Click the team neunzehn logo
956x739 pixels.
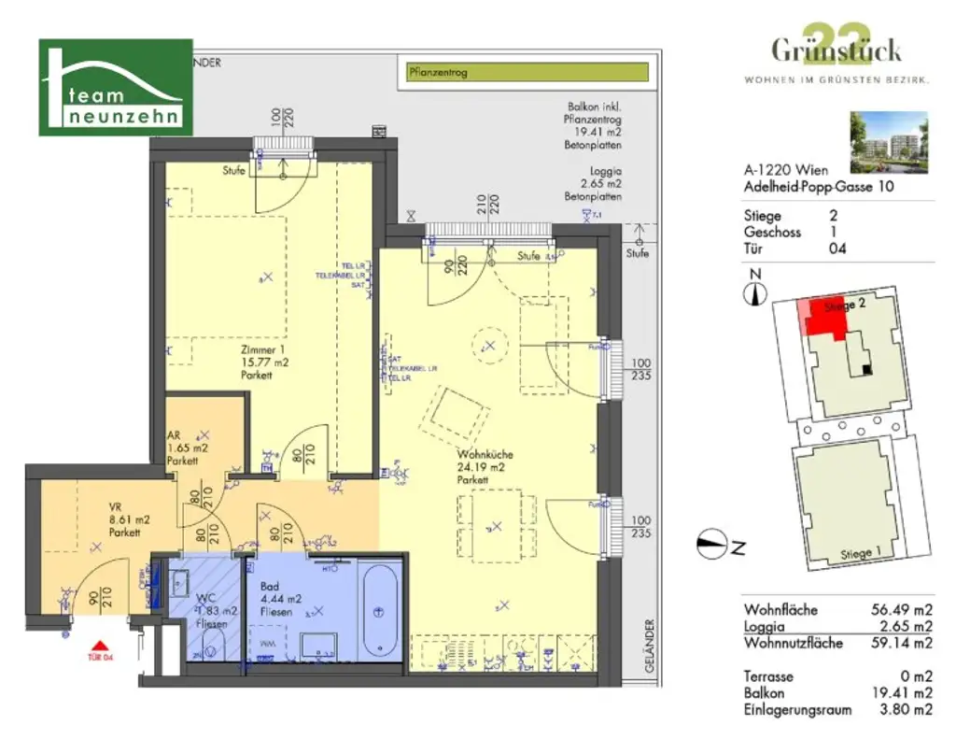116,87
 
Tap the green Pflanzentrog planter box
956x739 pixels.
527,73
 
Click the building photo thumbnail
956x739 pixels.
889,142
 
